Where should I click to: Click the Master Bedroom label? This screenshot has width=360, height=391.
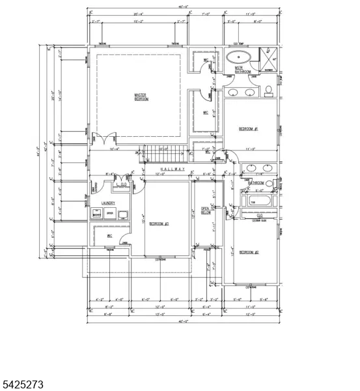(141, 96)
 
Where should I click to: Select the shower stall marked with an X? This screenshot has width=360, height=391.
(268, 56)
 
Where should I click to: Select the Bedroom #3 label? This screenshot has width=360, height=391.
(159, 224)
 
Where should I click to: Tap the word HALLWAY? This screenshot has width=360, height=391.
(169, 169)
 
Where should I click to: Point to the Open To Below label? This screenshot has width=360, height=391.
(206, 210)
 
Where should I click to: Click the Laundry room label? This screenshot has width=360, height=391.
(107, 203)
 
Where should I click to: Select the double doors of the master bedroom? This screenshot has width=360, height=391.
(104, 138)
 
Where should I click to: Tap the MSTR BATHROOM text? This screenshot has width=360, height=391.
(243, 68)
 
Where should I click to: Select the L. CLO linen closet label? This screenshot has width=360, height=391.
(120, 184)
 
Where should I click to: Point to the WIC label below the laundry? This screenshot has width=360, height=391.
(110, 236)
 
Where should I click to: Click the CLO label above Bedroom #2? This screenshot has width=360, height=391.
(259, 215)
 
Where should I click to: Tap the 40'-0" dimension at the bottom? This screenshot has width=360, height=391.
(184, 321)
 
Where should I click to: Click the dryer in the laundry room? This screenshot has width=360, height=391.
(110, 213)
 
